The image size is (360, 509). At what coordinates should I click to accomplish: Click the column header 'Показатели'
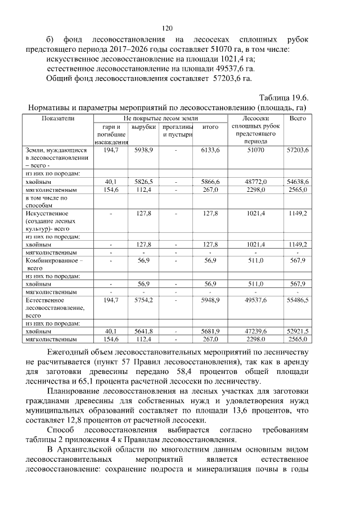pos(58,119)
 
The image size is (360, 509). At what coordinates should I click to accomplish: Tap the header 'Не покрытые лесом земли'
pos(159,119)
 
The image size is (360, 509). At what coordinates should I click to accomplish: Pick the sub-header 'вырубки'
pos(143,127)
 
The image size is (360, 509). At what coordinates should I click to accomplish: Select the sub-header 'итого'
pos(210,127)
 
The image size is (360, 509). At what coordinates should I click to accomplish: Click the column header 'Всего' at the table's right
pos(297,119)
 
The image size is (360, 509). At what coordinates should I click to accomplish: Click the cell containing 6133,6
pos(210,151)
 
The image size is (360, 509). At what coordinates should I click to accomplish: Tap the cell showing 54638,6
pos(297,182)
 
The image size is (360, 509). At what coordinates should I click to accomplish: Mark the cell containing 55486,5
pos(297,301)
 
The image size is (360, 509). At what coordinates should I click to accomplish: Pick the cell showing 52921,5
pos(297,331)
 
